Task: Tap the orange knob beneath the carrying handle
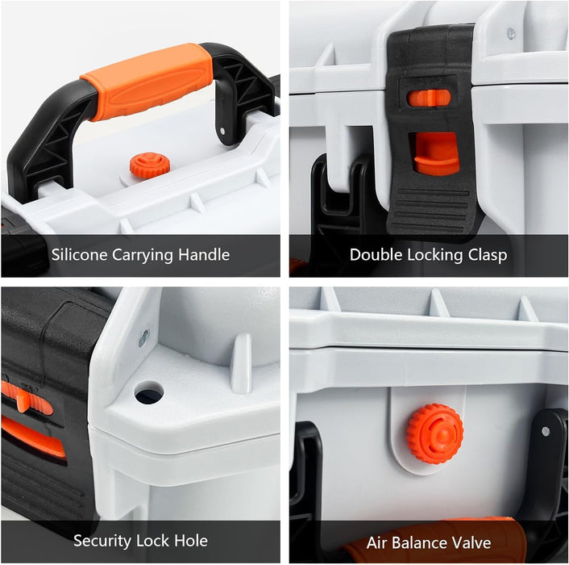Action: [149, 165]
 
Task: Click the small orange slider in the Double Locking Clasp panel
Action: [429, 98]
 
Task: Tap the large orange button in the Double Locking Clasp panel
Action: [435, 153]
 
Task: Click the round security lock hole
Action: [148, 394]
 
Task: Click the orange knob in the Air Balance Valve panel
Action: [434, 433]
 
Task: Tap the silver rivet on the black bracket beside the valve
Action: [546, 431]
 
